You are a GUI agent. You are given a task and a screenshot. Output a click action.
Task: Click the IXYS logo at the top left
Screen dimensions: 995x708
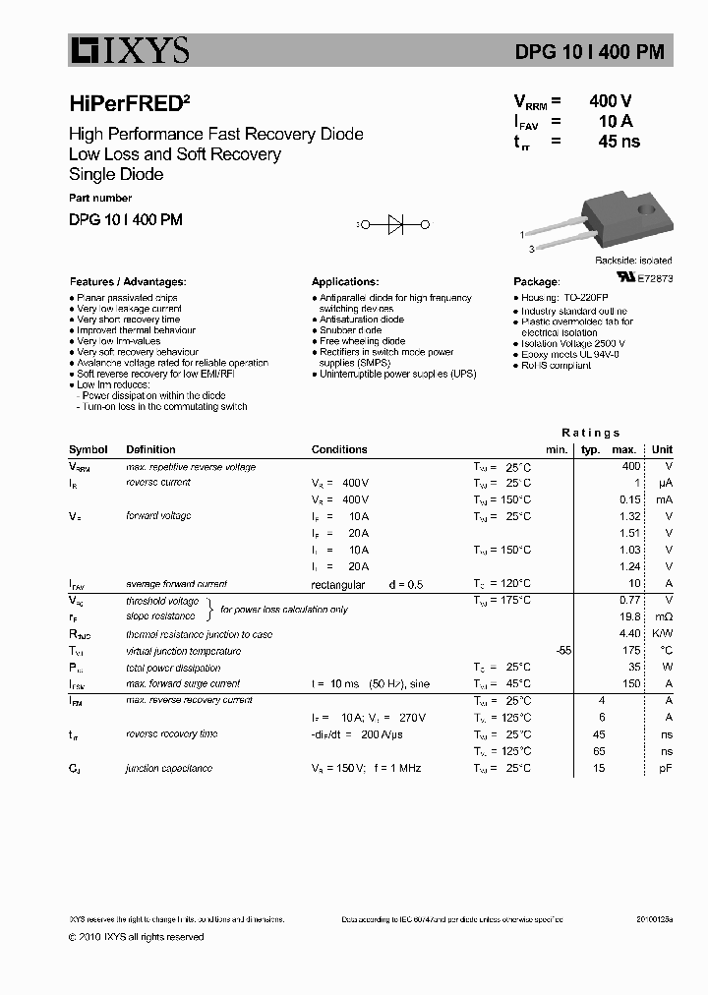(128, 49)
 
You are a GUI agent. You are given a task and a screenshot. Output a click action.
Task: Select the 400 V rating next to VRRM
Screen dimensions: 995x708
(610, 101)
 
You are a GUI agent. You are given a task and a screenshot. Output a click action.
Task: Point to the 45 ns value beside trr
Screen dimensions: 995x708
(619, 142)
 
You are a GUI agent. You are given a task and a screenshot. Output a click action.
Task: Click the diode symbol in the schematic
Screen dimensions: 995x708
(396, 225)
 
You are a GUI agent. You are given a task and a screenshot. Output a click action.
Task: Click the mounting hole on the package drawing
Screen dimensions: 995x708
(646, 208)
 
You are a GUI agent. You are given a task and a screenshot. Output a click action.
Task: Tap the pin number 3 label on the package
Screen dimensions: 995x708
(531, 249)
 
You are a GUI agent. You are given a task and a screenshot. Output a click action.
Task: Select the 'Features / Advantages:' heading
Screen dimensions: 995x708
(127, 281)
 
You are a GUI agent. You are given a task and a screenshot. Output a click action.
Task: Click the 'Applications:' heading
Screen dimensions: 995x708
(345, 281)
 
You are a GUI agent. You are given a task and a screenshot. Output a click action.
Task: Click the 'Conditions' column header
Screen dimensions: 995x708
(339, 449)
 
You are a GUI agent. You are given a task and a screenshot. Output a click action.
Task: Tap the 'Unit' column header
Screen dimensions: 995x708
(663, 449)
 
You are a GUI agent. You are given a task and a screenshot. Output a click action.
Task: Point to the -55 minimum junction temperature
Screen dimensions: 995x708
(562, 651)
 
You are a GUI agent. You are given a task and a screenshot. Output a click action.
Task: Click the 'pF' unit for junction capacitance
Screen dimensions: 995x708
(666, 768)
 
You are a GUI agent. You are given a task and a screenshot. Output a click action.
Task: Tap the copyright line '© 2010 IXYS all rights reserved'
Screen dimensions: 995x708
(136, 937)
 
